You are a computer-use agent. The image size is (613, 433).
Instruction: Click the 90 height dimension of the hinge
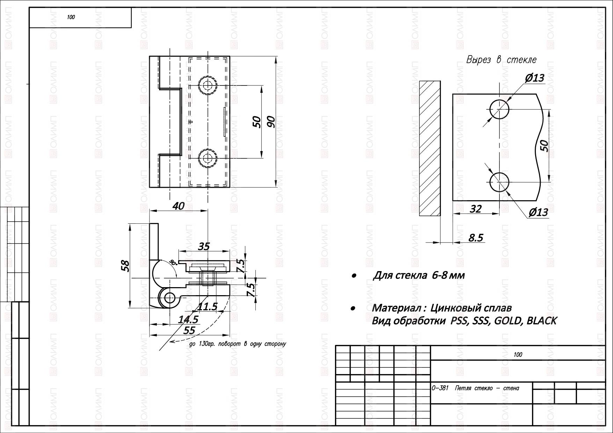pyautogui.click(x=271, y=121)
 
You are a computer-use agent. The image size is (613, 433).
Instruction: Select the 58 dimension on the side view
pyautogui.click(x=125, y=266)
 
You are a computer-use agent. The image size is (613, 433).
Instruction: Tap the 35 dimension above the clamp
pyautogui.click(x=204, y=246)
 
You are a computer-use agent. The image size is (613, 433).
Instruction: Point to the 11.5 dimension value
pyautogui.click(x=207, y=307)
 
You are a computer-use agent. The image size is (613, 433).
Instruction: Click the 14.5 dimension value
pyautogui.click(x=188, y=319)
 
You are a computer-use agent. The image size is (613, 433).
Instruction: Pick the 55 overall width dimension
pyautogui.click(x=189, y=330)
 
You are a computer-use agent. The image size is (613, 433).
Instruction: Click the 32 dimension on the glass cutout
pyautogui.click(x=476, y=209)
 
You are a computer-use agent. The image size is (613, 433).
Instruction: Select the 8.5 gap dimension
pyautogui.click(x=475, y=238)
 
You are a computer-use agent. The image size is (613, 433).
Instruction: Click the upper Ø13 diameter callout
pyautogui.click(x=534, y=77)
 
